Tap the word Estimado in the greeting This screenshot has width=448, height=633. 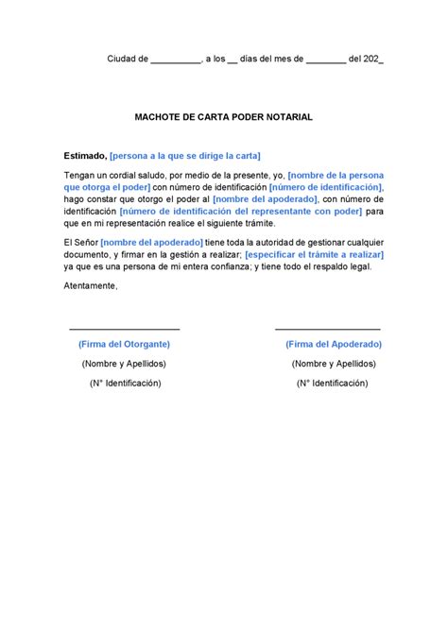pos(84,155)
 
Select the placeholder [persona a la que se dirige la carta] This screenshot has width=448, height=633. pos(185,155)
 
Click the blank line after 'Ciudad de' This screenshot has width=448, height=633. pos(175,59)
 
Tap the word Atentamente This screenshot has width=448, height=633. pos(91,285)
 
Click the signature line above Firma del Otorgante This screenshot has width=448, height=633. pos(124,328)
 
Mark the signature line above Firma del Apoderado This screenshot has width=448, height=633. pos(328,328)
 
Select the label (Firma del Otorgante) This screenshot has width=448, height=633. pos(124,345)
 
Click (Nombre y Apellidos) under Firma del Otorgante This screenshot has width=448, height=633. pos(124,364)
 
